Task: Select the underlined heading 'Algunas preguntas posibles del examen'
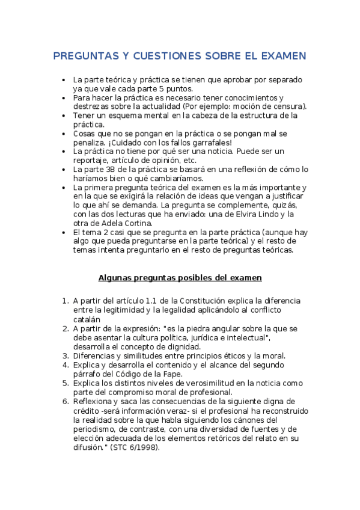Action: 180,278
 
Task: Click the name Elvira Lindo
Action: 269,214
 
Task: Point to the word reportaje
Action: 91,161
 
